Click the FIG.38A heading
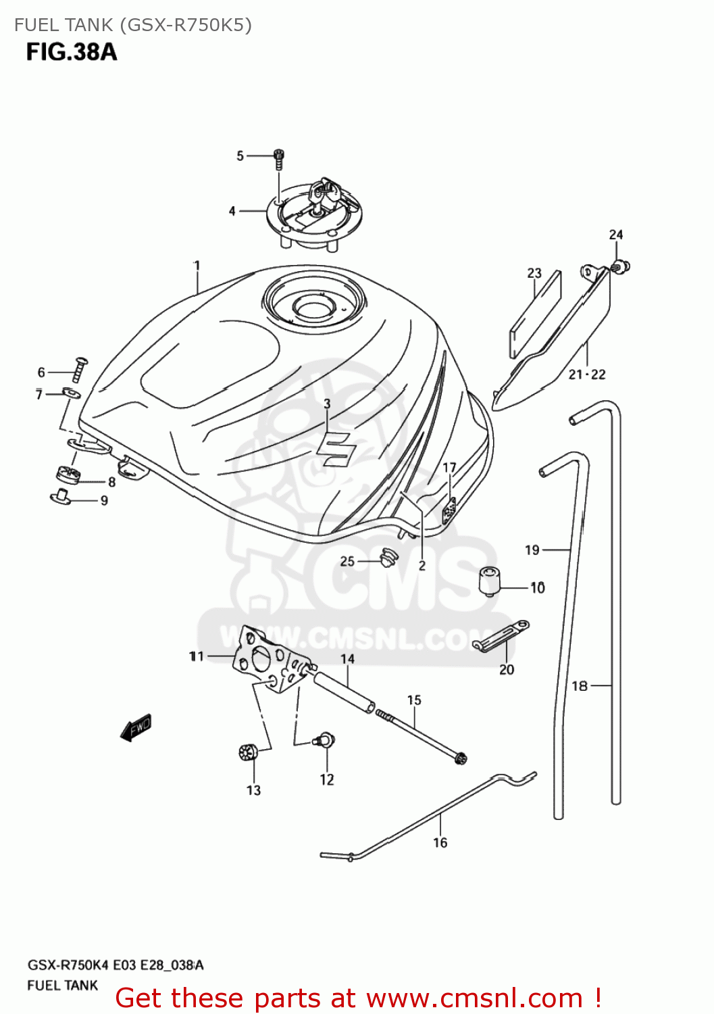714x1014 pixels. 72,52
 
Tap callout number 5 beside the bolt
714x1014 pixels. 240,156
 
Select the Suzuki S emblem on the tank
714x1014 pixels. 336,449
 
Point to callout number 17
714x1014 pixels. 449,467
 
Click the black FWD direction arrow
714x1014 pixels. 136,728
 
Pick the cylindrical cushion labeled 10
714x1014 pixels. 490,581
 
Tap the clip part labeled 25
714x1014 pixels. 388,558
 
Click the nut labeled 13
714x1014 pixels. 248,752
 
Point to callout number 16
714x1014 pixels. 440,842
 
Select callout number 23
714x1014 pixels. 534,273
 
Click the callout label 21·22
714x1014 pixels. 586,375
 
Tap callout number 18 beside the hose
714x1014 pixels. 580,686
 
